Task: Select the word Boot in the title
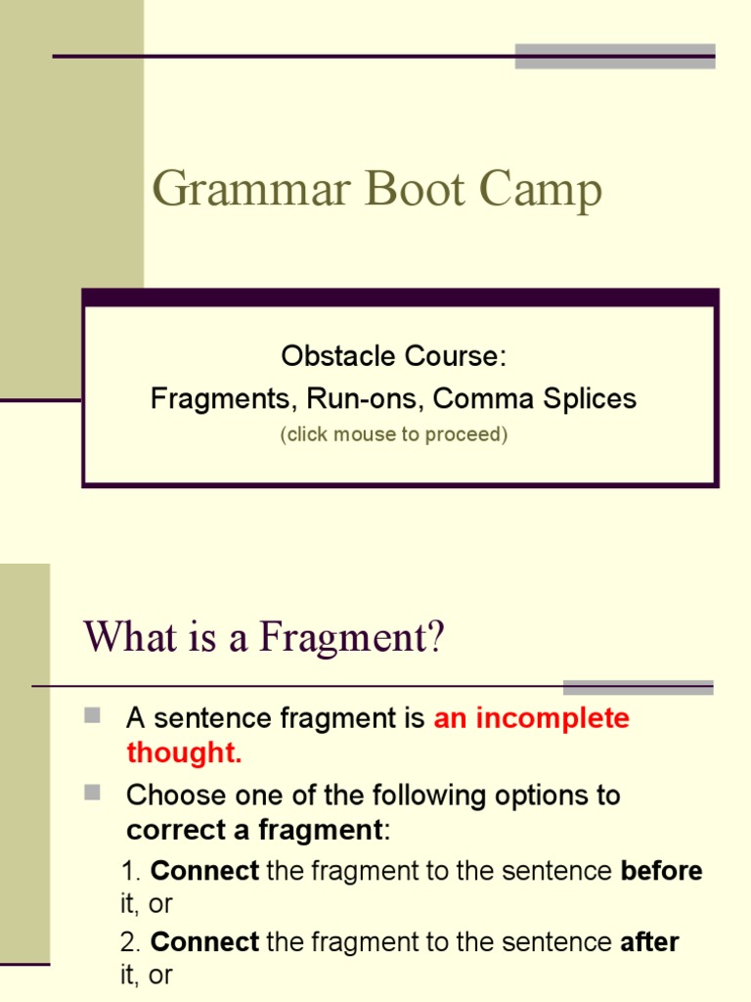click(415, 190)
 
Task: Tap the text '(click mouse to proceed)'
click(393, 434)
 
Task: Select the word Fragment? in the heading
click(352, 638)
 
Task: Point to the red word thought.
click(184, 753)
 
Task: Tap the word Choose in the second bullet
click(175, 795)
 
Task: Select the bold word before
click(661, 871)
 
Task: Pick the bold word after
click(649, 942)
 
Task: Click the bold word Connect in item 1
click(204, 871)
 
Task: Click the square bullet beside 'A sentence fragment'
click(93, 716)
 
